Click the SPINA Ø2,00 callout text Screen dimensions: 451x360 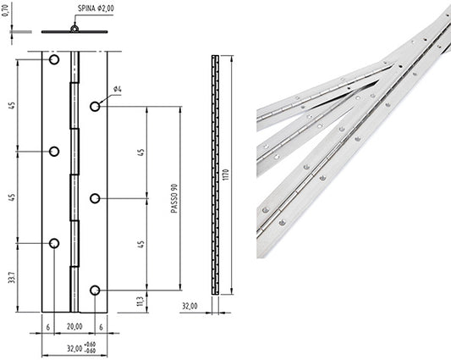pos(96,8)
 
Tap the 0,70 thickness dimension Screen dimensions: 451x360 pos(6,10)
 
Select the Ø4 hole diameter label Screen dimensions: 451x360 pos(118,89)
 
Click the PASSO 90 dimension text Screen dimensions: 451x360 pos(174,198)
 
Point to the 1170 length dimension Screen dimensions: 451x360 pos(226,174)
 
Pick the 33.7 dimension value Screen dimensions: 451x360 pos(12,277)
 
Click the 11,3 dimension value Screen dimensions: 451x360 pos(140,302)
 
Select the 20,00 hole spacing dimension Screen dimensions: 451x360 pos(74,327)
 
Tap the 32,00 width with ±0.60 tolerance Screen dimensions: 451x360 pos(81,347)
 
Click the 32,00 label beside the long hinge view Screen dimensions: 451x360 pos(190,306)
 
